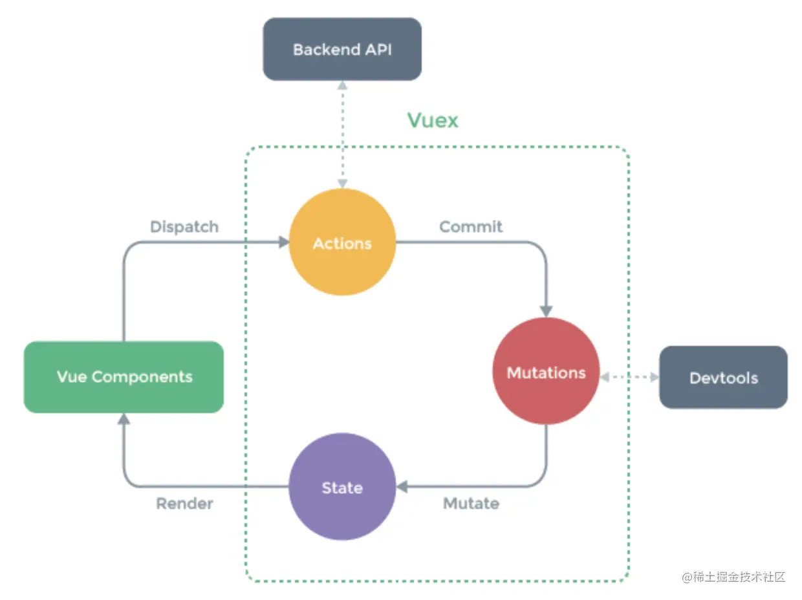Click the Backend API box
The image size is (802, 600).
(x=341, y=49)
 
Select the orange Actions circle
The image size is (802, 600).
(x=341, y=242)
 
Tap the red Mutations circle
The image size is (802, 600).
(x=546, y=372)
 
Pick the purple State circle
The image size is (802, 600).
(x=341, y=487)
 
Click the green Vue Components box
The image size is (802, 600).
(x=124, y=376)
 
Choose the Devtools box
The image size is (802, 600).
(x=723, y=378)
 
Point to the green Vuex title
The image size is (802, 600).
(x=432, y=120)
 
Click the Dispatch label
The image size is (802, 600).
(x=184, y=227)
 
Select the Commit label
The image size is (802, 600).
(x=471, y=227)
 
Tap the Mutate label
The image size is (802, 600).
(x=471, y=503)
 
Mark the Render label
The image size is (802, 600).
(x=184, y=503)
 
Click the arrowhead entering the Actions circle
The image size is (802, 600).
(x=283, y=242)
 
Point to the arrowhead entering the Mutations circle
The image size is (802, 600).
(x=546, y=311)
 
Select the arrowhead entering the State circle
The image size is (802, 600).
(x=402, y=487)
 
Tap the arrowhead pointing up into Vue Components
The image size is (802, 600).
(x=124, y=419)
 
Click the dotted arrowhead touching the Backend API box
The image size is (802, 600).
(x=341, y=85)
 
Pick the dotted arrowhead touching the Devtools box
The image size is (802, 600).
(x=653, y=376)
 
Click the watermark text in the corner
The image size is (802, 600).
(x=733, y=577)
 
